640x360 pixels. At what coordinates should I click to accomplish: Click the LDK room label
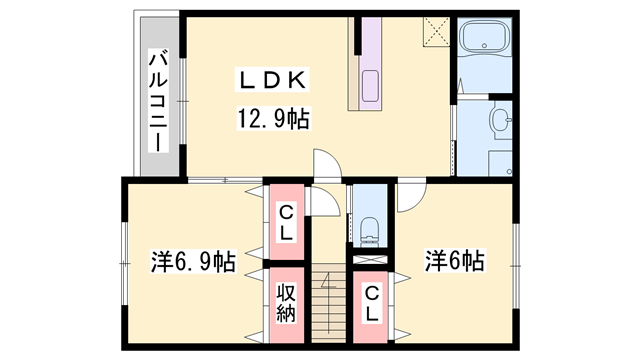click(272, 80)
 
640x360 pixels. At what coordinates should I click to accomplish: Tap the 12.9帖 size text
click(273, 118)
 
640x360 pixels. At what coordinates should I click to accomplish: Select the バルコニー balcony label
click(158, 100)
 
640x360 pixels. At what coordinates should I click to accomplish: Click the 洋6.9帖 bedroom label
click(193, 261)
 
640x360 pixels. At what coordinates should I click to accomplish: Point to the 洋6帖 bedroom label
click(455, 260)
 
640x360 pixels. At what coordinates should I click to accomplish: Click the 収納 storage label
click(286, 302)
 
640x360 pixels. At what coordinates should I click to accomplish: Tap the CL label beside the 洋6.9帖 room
click(286, 222)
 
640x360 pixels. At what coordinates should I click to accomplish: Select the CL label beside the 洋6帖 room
click(371, 304)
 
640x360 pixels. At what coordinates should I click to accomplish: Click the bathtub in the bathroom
click(484, 37)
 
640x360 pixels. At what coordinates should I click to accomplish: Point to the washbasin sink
click(500, 120)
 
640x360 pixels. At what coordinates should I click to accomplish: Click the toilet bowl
click(370, 232)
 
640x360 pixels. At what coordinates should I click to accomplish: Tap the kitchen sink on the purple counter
click(370, 86)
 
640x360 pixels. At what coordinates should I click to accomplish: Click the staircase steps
click(329, 302)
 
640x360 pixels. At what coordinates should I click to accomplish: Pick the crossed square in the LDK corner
click(436, 32)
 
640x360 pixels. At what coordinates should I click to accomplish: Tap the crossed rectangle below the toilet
click(370, 260)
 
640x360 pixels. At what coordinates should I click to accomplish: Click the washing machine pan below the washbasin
click(500, 163)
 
